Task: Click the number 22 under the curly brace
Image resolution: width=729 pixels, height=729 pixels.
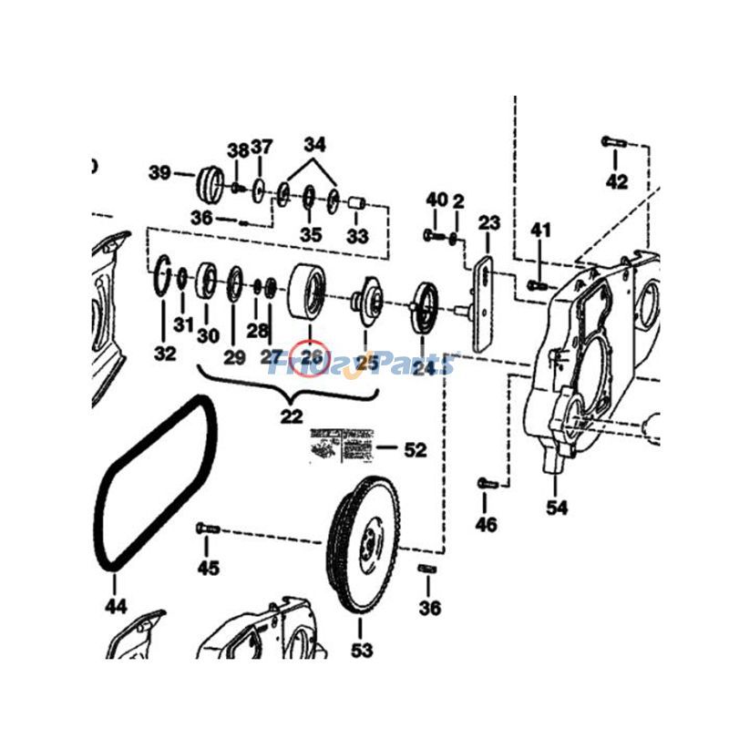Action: [x=292, y=416]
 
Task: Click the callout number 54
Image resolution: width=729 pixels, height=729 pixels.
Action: [x=557, y=507]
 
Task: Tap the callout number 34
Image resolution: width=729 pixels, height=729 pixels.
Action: [x=314, y=144]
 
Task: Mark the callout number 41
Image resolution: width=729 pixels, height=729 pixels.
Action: [x=541, y=231]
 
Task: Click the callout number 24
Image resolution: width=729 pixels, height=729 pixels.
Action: [x=423, y=367]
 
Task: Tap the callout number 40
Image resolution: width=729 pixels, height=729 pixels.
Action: [x=436, y=200]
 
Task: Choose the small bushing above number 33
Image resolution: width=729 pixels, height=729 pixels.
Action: [x=356, y=203]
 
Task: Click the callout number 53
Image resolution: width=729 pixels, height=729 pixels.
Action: [x=362, y=650]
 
